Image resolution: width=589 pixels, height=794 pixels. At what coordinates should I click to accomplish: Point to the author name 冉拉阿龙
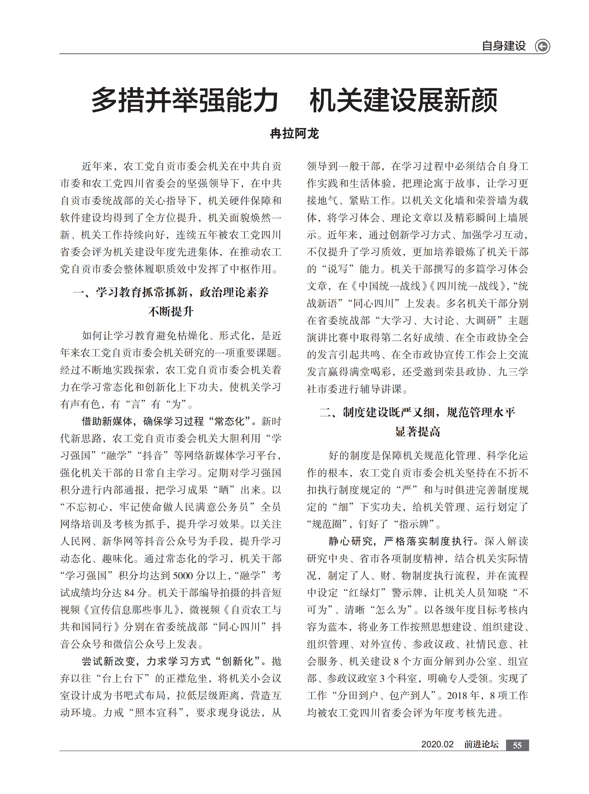[x=294, y=134]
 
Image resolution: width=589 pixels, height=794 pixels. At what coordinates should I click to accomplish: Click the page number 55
[x=517, y=745]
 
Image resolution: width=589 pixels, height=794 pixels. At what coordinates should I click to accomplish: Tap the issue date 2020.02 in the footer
[x=437, y=744]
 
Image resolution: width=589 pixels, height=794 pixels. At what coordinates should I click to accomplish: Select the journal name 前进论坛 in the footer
[x=481, y=744]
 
